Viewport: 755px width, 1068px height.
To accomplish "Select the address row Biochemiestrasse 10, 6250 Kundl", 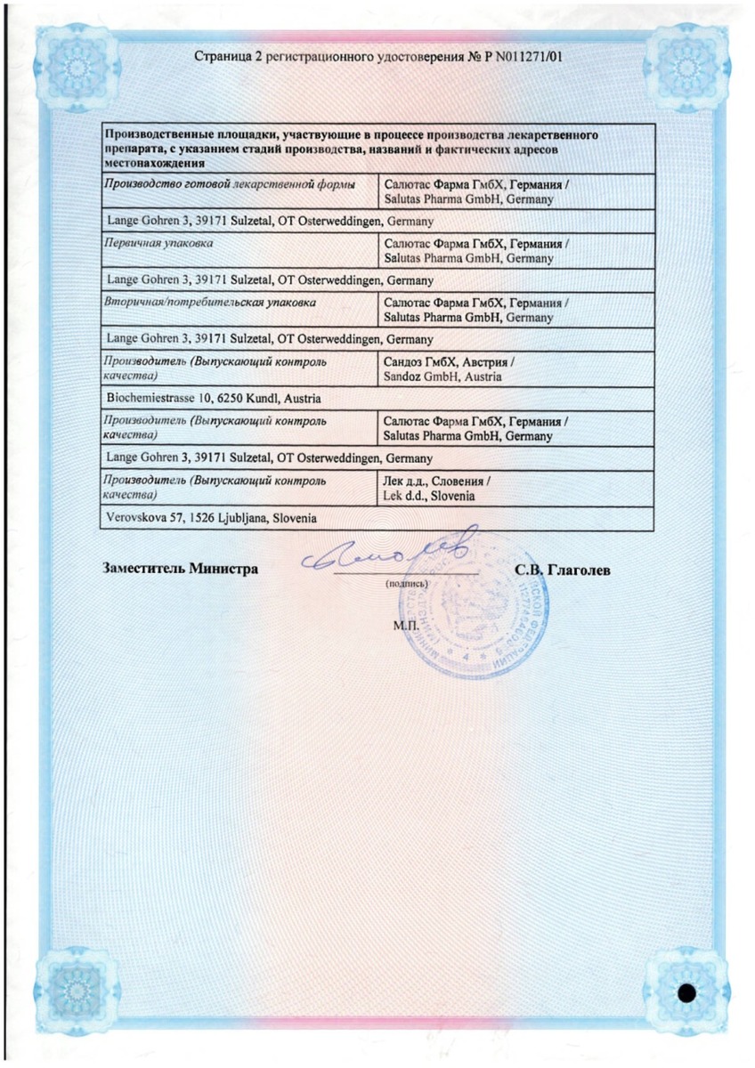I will point(214,398).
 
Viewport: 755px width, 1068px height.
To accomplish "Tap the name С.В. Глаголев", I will point(562,569).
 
